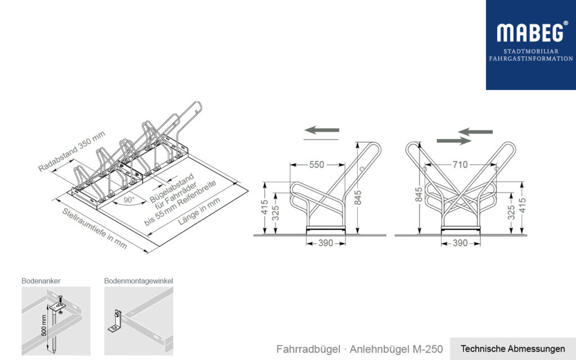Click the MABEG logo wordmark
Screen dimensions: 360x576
pyautogui.click(x=529, y=33)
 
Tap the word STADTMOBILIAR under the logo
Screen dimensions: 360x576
pyautogui.click(x=530, y=51)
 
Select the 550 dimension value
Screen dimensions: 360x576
pyautogui.click(x=317, y=165)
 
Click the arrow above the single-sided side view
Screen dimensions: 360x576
pyautogui.click(x=322, y=130)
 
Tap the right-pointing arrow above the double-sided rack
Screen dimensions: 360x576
pyautogui.click(x=453, y=141)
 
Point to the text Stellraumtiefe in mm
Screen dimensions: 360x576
pyautogui.click(x=94, y=228)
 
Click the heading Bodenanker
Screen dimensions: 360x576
pyautogui.click(x=41, y=280)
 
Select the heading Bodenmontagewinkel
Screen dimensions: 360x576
pyautogui.click(x=138, y=280)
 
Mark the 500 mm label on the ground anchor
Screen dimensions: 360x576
pyautogui.click(x=44, y=325)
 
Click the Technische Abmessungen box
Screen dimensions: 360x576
pyautogui.click(x=512, y=349)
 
